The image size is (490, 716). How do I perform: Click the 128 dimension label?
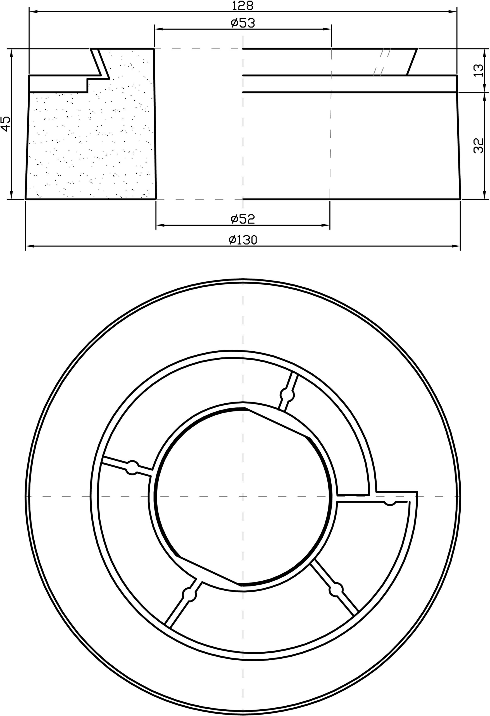click(243, 5)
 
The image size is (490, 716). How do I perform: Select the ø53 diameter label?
click(243, 23)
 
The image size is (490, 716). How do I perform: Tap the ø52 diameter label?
click(243, 219)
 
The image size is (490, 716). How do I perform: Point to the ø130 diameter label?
click(243, 240)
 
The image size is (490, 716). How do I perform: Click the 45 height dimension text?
click(6, 124)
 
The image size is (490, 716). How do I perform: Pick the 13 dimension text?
click(479, 70)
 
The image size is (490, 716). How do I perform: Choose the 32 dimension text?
click(479, 146)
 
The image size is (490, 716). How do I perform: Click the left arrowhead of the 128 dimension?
click(33, 12)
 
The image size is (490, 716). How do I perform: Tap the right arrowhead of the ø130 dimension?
click(456, 246)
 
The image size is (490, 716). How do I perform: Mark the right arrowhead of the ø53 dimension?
click(327, 29)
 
